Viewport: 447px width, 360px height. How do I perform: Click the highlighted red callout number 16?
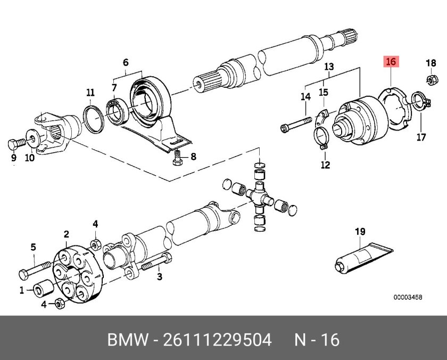coord(391,62)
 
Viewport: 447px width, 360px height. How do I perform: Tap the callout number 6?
coord(126,62)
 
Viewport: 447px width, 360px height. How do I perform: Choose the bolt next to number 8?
coord(177,158)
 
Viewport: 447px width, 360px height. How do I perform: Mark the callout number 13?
coord(329,67)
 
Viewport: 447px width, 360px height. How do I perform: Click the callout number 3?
coord(159,276)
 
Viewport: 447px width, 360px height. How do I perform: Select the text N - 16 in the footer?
coord(317,339)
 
